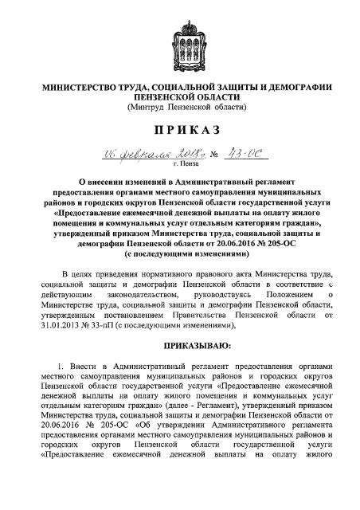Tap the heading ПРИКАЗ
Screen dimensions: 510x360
(179, 130)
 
